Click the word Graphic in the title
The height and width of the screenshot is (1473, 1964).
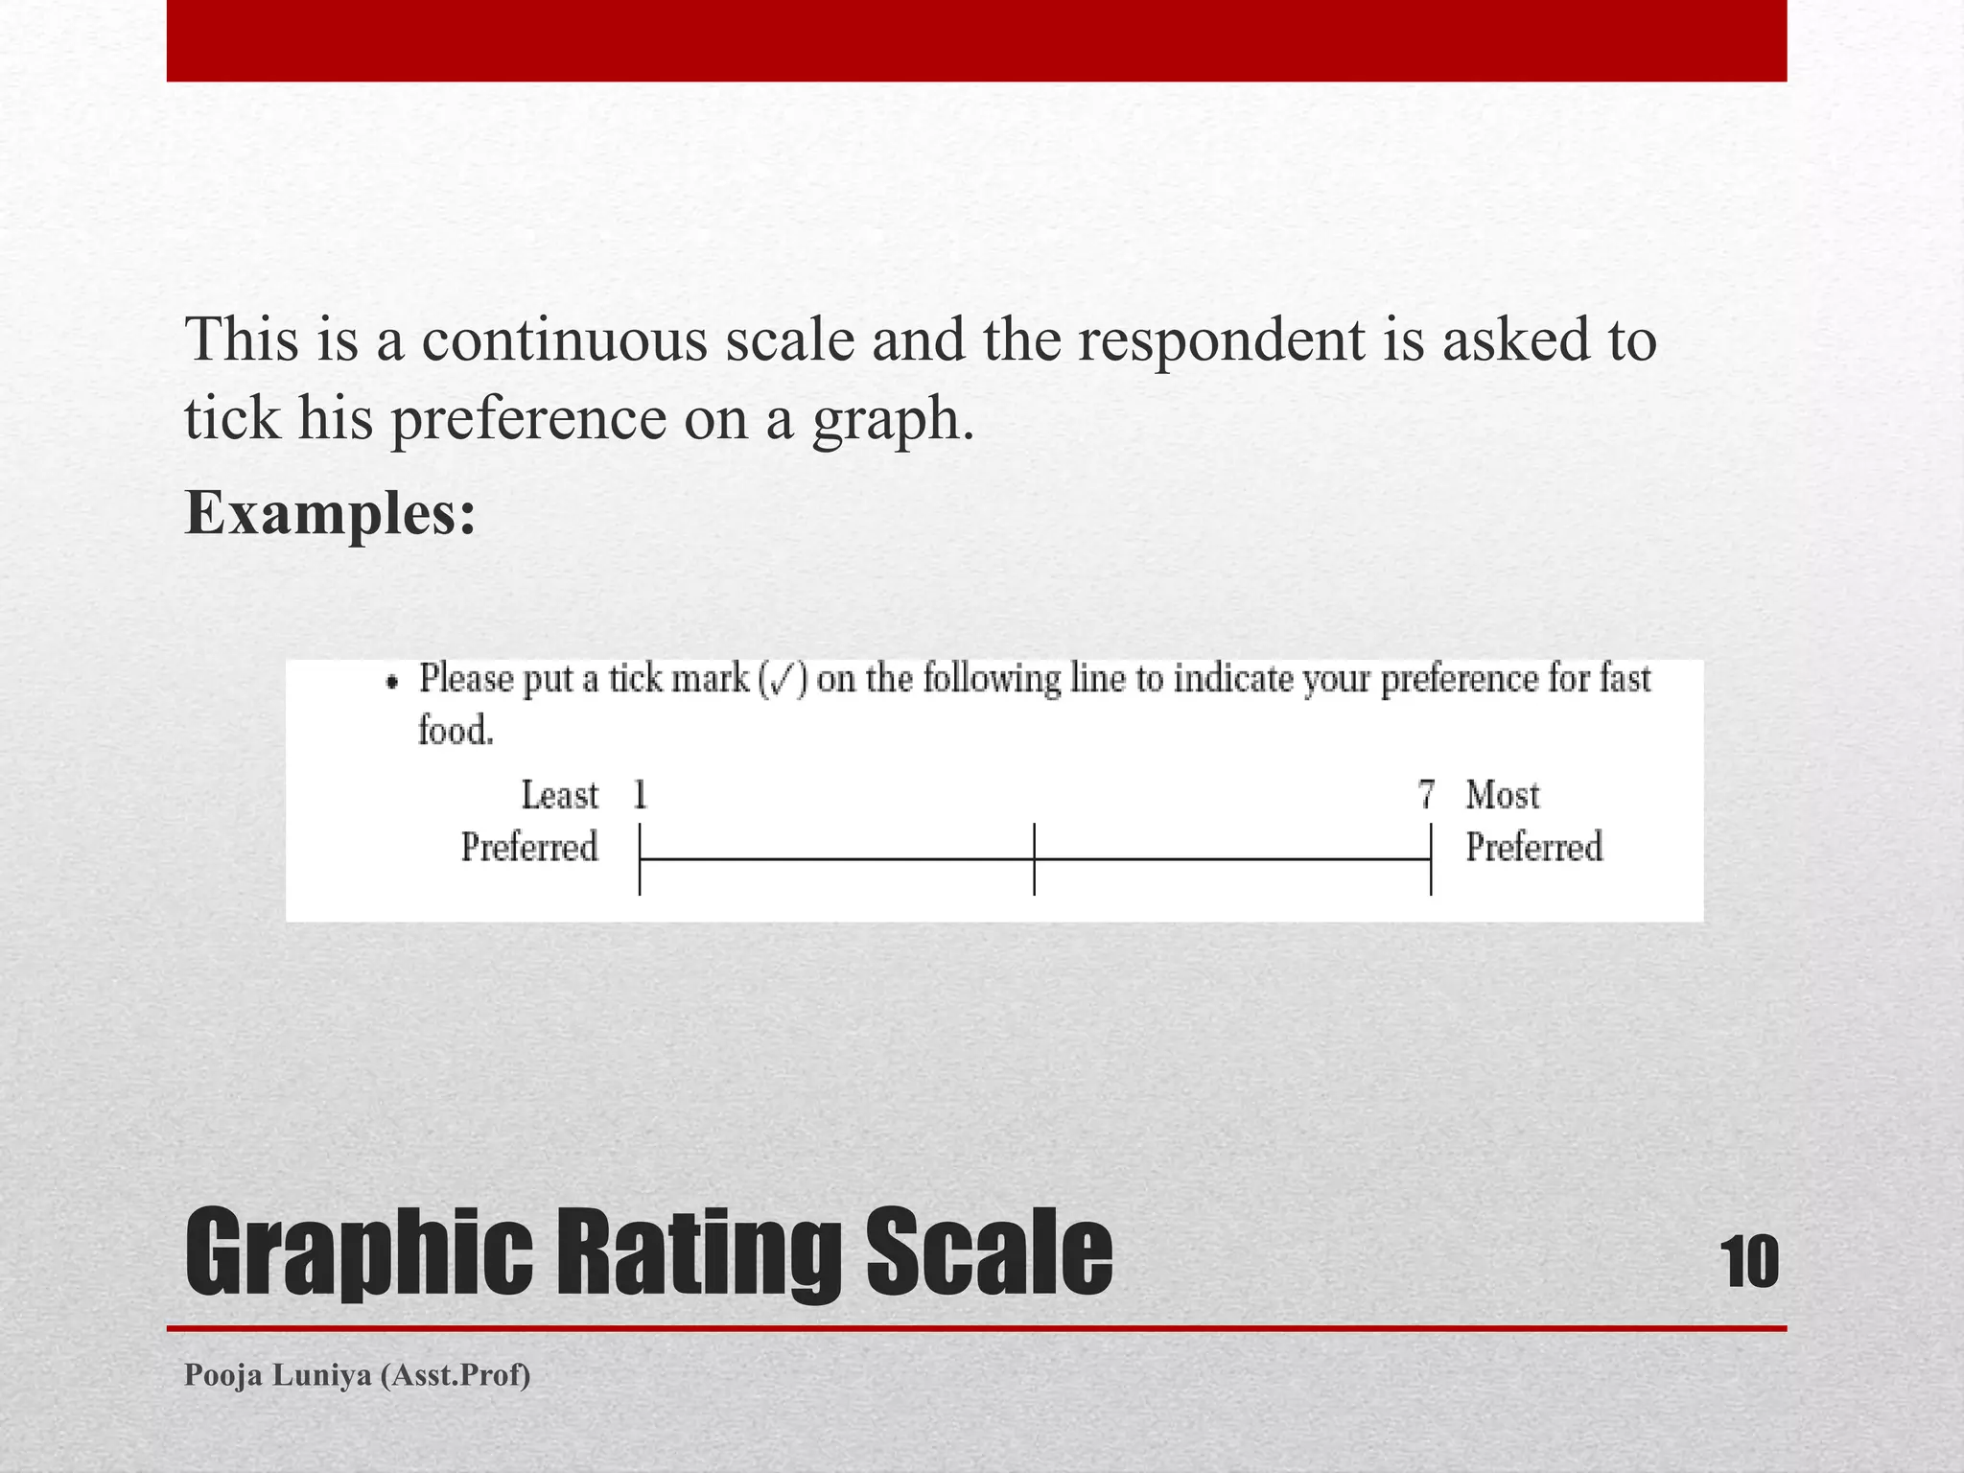click(x=359, y=1254)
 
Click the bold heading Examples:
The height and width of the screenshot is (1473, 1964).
click(x=330, y=513)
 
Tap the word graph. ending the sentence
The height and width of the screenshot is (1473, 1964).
click(x=893, y=420)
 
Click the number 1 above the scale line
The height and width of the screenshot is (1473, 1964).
click(x=640, y=795)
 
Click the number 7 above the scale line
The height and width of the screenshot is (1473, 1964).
click(x=1426, y=795)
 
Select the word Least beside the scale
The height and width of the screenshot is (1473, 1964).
click(x=559, y=795)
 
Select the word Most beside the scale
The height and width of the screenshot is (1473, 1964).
click(x=1502, y=795)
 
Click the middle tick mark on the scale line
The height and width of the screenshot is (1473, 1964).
click(x=1034, y=859)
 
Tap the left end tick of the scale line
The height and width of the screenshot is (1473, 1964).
click(x=640, y=859)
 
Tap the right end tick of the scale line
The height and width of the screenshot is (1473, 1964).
click(x=1431, y=859)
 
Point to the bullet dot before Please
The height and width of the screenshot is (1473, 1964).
click(x=391, y=682)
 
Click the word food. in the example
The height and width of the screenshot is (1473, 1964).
click(x=456, y=731)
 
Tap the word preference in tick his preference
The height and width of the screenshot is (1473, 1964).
click(x=528, y=420)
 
